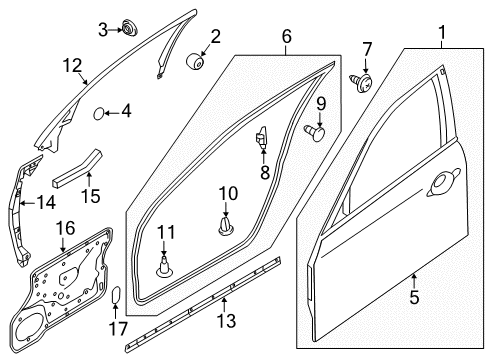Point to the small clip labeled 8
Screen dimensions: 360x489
[264, 138]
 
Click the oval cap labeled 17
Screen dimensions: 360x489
[116, 294]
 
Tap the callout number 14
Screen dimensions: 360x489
[48, 202]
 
